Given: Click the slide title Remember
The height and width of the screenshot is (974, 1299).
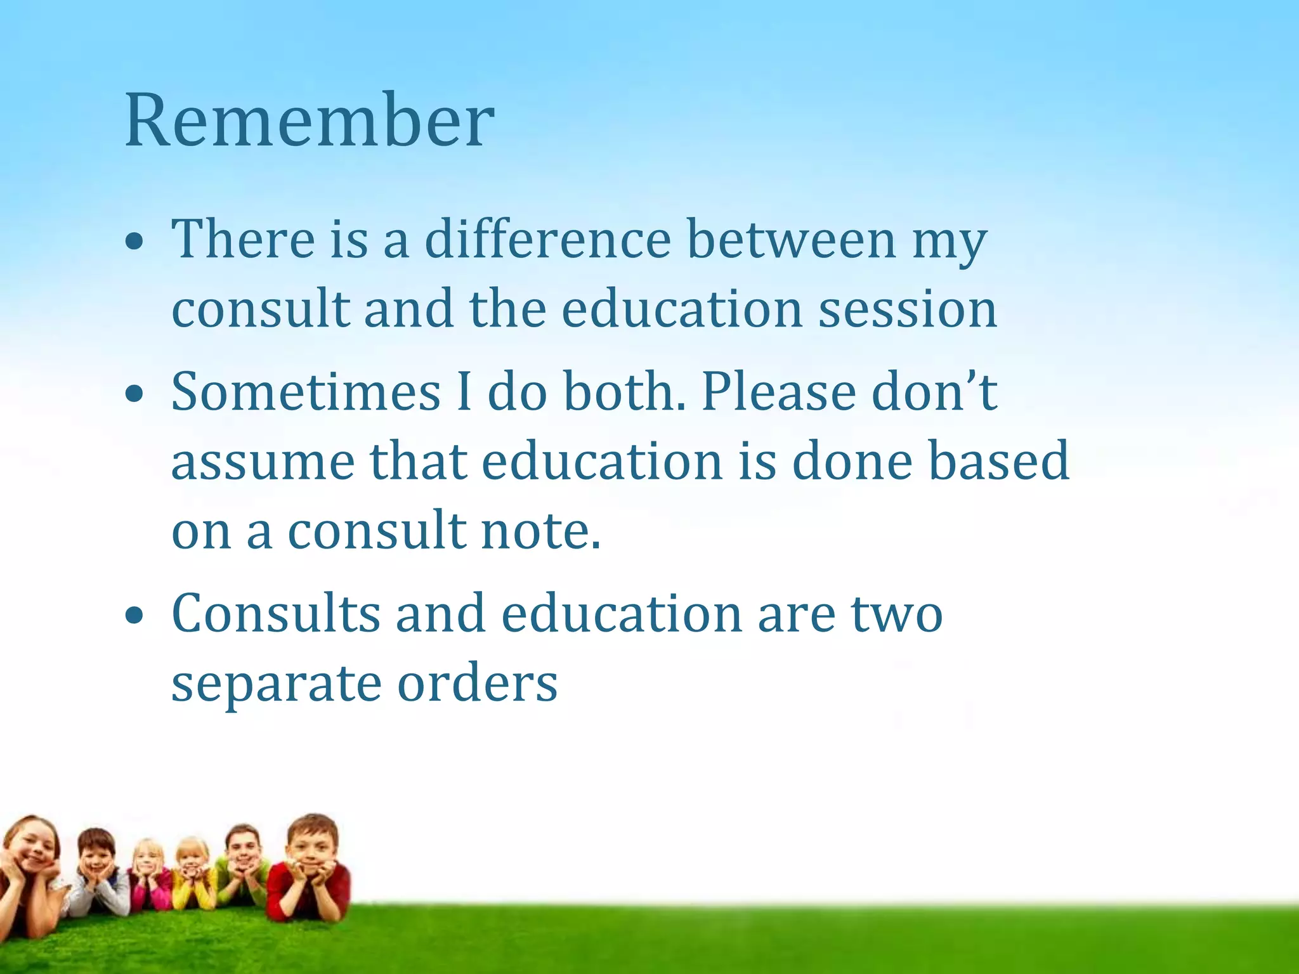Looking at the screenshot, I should (x=309, y=120).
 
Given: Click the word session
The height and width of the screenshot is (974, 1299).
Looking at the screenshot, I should (x=908, y=309).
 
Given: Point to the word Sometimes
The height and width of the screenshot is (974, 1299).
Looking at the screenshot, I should (x=306, y=392).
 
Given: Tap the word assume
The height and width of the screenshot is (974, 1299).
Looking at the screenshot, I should (x=263, y=462).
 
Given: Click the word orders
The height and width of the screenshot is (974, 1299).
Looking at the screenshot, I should (x=478, y=683).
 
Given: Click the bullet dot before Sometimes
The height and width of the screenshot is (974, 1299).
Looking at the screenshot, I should (x=134, y=394).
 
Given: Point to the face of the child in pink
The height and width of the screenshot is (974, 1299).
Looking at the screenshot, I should (x=148, y=859).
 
